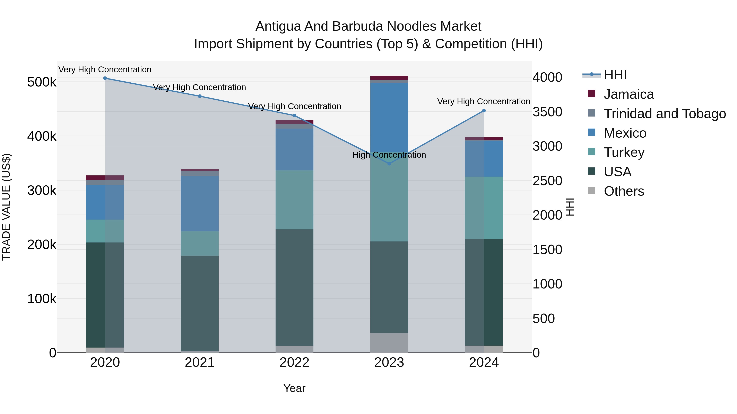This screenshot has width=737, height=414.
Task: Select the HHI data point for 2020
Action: [x=105, y=78]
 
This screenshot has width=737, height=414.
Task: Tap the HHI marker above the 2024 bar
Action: [x=484, y=111]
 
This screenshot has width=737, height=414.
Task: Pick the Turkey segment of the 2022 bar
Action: [x=294, y=200]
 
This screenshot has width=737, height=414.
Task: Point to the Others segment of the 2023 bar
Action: [x=389, y=343]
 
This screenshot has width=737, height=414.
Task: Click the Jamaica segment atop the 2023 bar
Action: [x=389, y=78]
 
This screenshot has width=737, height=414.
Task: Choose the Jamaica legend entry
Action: [x=628, y=94]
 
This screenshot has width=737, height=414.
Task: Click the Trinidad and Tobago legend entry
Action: [x=665, y=114]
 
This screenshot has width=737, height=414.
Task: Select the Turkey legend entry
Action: [x=624, y=152]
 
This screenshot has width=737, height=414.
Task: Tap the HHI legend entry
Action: [x=615, y=75]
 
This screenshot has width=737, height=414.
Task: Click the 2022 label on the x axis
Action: [x=294, y=362]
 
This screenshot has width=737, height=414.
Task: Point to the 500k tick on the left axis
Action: [x=42, y=82]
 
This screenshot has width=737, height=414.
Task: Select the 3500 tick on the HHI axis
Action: [x=547, y=112]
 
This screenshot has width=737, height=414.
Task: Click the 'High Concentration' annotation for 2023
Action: [x=389, y=155]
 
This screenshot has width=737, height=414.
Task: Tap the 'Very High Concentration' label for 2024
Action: [x=484, y=101]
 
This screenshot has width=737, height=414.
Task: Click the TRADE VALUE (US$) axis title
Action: [x=6, y=207]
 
